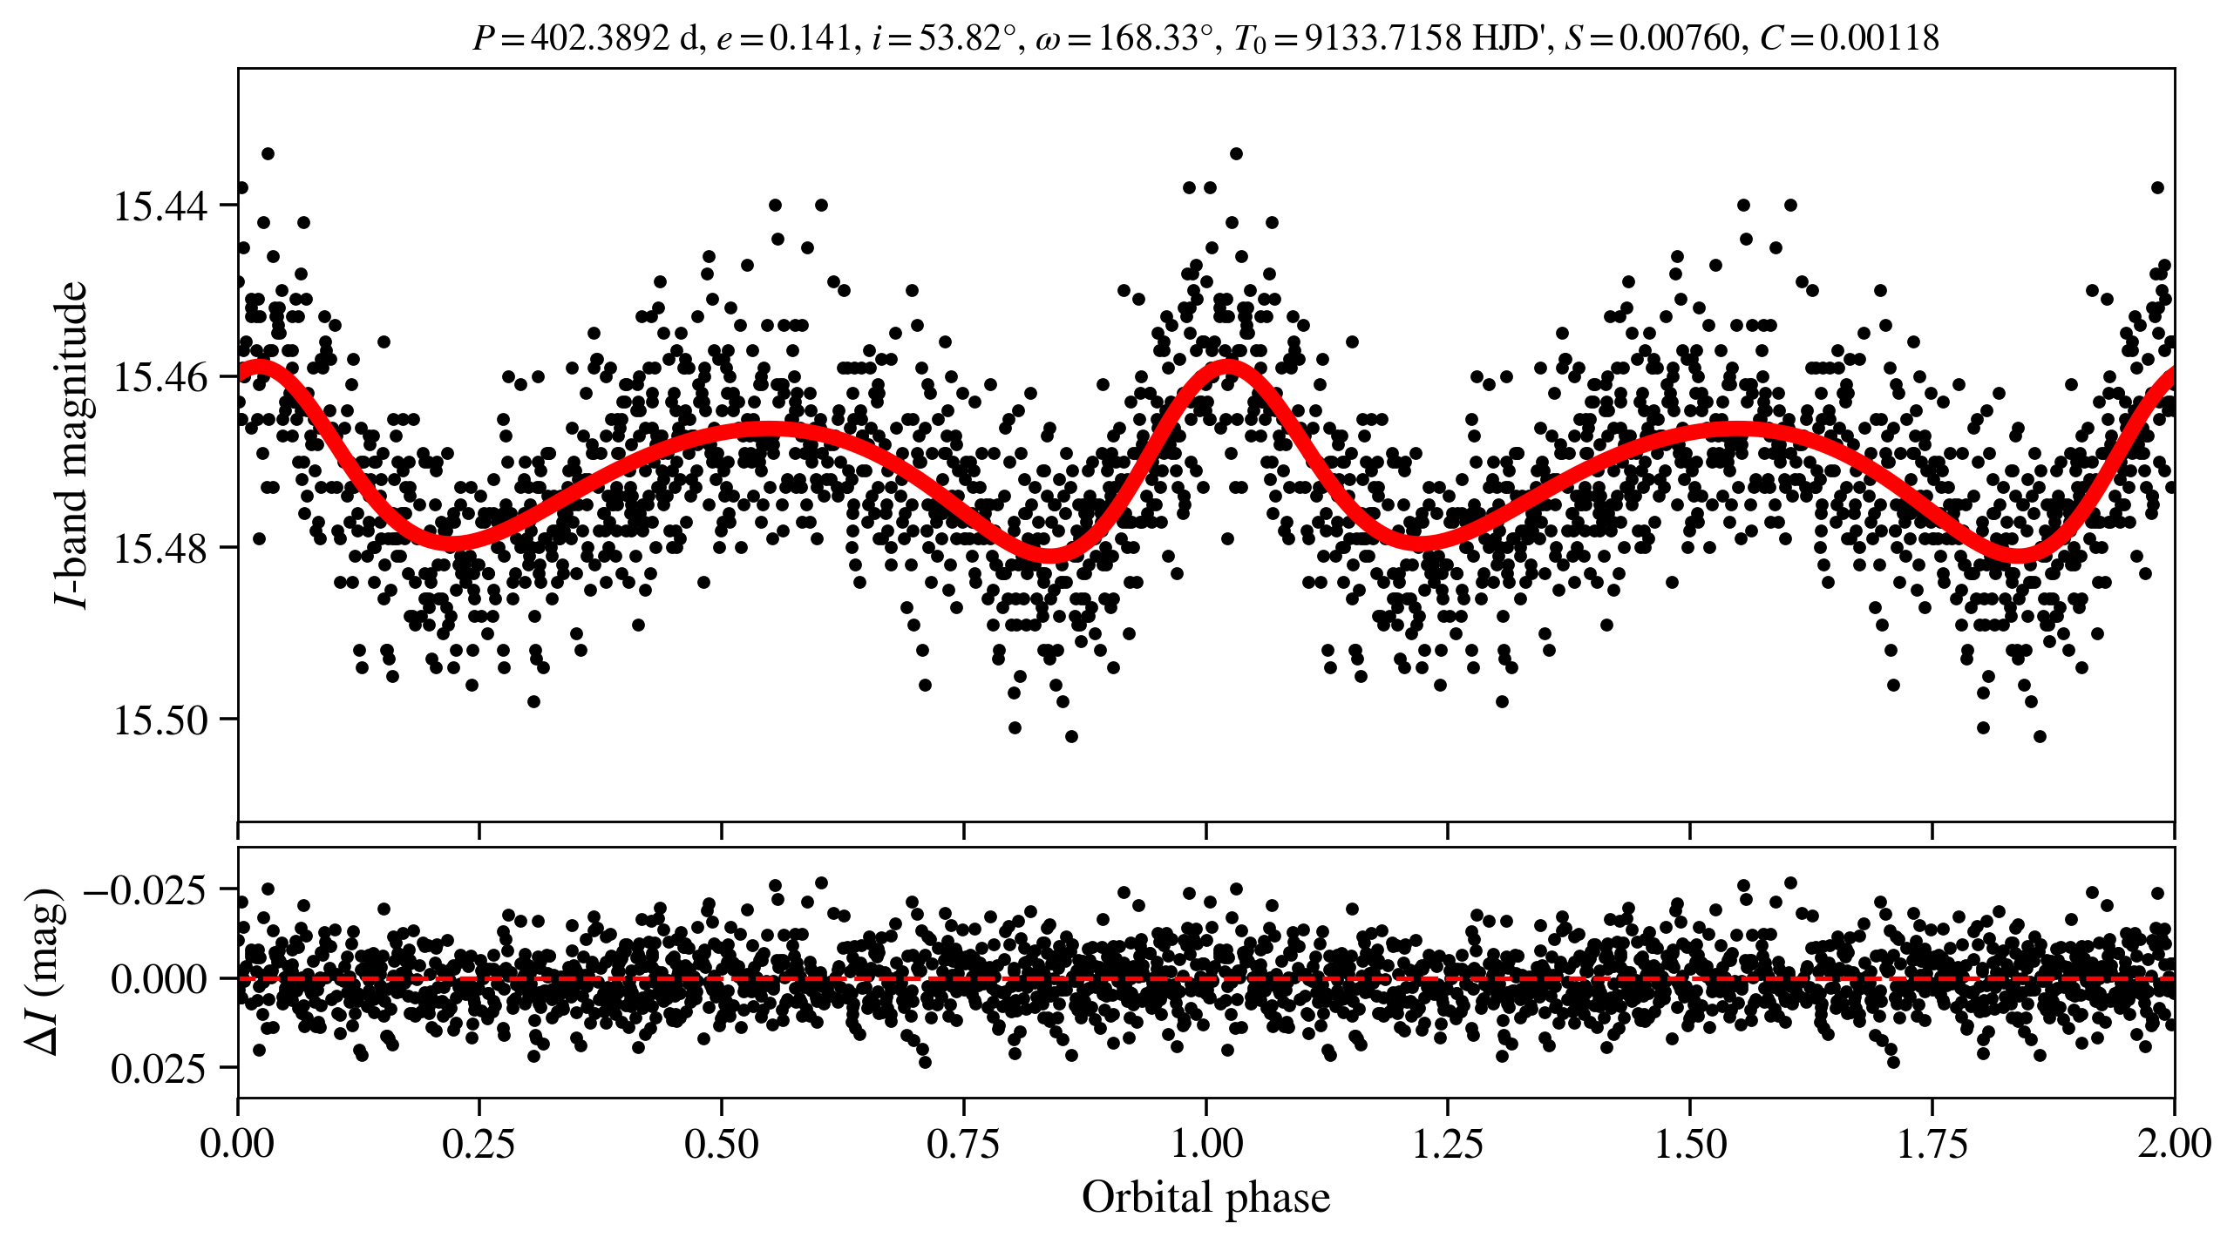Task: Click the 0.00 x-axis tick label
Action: point(237,1143)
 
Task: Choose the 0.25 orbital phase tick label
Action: point(479,1143)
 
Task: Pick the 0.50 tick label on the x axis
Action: point(722,1143)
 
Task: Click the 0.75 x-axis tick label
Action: point(964,1143)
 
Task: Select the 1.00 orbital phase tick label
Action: point(1206,1143)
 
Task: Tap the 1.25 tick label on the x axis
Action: point(1448,1143)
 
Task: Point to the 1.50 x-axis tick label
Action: point(1690,1143)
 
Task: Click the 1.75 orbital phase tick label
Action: point(1932,1143)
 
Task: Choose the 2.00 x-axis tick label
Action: point(2174,1143)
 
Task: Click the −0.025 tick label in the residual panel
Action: point(145,890)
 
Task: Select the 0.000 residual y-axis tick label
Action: point(159,979)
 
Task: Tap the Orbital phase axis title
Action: point(1205,1197)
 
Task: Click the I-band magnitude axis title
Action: point(71,444)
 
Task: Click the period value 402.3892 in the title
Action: point(600,38)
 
